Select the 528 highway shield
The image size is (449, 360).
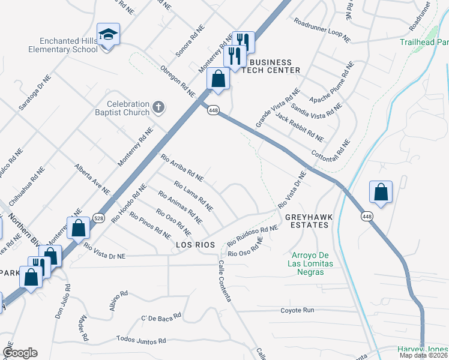point(99,220)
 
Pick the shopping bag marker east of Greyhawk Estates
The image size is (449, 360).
point(381,192)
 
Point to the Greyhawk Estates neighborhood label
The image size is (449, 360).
point(307,221)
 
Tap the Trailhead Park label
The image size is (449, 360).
point(424,43)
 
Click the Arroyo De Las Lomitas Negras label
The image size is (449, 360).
point(307,263)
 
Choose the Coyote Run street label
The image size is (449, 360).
point(297,310)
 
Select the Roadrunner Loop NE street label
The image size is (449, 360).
point(322,29)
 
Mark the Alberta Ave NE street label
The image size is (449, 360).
point(92,179)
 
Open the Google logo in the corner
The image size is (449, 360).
point(20,353)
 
